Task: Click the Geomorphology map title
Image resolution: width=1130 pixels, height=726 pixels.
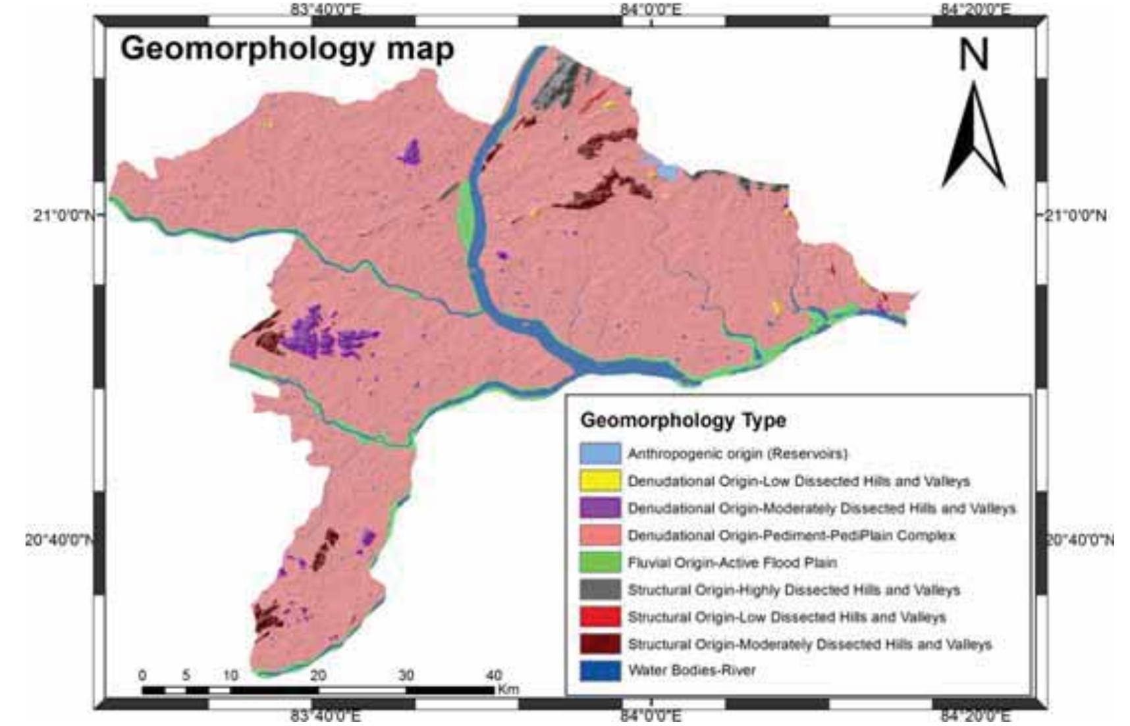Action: (x=287, y=49)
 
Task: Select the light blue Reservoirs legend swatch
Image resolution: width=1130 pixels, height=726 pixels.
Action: (x=599, y=454)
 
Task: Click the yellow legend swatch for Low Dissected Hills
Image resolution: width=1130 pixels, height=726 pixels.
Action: (x=599, y=481)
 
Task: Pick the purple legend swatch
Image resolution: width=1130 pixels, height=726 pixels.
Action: (x=599, y=508)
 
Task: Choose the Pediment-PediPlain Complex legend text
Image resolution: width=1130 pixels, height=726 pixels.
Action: (x=791, y=535)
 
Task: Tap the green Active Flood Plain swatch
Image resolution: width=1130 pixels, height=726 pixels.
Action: (x=599, y=563)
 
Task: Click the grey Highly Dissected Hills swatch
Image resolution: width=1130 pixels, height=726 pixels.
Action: (x=599, y=590)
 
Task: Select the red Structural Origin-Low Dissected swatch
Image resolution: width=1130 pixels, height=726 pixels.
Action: (x=599, y=617)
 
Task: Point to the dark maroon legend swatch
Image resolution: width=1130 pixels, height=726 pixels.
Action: (x=599, y=644)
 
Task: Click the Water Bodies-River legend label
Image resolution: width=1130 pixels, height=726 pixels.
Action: (x=691, y=671)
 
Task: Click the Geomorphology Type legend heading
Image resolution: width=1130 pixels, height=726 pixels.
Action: (x=683, y=420)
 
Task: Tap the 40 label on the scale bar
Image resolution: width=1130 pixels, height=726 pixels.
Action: (x=494, y=675)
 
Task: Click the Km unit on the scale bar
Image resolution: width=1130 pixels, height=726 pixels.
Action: (x=508, y=690)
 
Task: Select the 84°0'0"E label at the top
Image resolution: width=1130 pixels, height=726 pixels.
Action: (x=651, y=9)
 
